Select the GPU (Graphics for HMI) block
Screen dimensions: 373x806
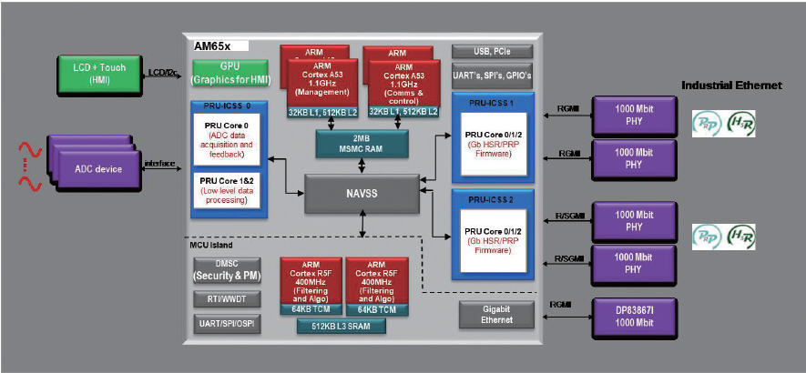pos(230,74)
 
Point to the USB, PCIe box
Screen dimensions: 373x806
pos(492,52)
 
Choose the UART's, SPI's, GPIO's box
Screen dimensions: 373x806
pos(492,75)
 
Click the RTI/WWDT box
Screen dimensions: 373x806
pos(226,297)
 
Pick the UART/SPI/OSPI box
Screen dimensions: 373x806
pos(226,322)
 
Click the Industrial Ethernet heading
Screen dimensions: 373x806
pos(731,85)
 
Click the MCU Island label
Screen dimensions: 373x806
pos(212,246)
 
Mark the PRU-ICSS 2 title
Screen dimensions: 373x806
pos(492,197)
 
